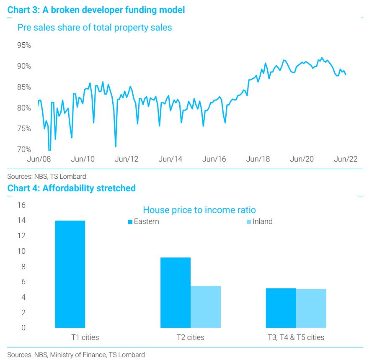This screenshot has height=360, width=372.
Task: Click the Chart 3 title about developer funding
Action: click(x=96, y=10)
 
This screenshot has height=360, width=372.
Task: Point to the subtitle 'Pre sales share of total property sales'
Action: click(x=95, y=28)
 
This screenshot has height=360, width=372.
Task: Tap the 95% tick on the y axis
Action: click(x=24, y=45)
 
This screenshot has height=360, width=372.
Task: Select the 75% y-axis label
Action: click(x=24, y=129)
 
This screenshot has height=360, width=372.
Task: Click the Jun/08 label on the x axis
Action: click(x=39, y=159)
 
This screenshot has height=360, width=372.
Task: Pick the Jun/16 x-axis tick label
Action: click(x=214, y=159)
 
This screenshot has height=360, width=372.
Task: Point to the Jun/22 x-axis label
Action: click(x=346, y=159)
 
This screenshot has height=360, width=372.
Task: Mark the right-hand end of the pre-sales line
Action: click(x=346, y=75)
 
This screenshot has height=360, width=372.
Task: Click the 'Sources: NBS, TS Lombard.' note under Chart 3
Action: click(x=47, y=176)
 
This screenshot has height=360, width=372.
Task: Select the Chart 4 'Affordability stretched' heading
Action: click(x=71, y=188)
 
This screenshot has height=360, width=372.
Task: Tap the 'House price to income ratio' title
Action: click(x=199, y=210)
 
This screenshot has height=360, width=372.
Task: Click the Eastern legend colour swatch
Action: click(x=130, y=222)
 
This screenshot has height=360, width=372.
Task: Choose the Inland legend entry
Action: click(x=260, y=221)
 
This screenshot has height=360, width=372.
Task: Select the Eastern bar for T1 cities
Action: click(x=70, y=274)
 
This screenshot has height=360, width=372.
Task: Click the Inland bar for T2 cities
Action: click(x=206, y=307)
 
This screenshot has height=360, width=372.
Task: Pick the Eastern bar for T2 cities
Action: click(x=176, y=293)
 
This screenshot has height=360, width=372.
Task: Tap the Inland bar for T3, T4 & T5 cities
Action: click(x=311, y=309)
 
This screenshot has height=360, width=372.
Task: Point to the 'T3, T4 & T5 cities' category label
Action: click(x=296, y=337)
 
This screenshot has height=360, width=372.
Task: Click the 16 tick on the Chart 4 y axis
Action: click(x=21, y=205)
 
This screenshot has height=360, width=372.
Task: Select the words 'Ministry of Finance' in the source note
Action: click(x=78, y=355)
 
